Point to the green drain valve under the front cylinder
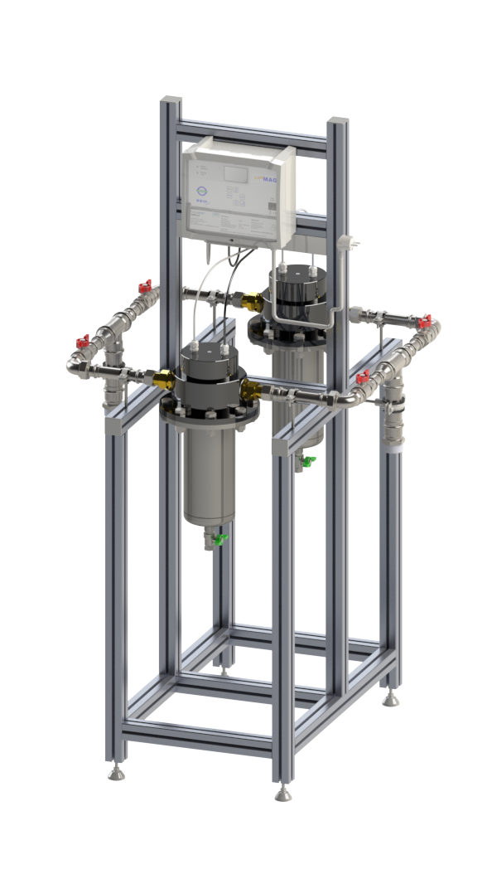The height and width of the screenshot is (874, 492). point(220,539)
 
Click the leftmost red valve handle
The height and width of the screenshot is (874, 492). point(82,341)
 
